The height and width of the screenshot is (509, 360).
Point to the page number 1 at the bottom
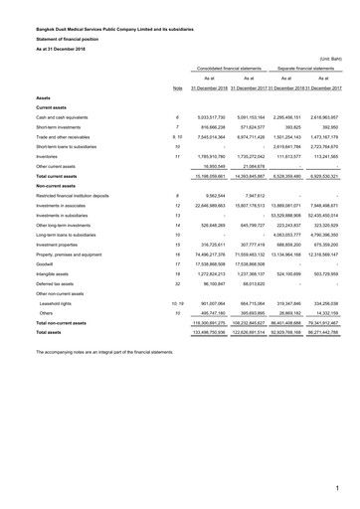point(337,489)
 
